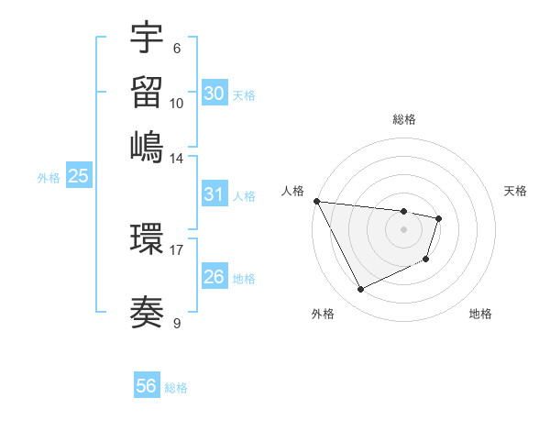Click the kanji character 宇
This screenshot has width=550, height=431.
[147, 39]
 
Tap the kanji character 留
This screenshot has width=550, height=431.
[147, 93]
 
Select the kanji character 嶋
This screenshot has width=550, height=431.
[147, 147]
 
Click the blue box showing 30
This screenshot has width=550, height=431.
[214, 94]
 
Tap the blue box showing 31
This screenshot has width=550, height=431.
[214, 194]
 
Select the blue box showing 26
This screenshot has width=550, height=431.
[214, 277]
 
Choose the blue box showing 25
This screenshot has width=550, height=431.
[78, 176]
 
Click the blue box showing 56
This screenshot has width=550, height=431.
[147, 386]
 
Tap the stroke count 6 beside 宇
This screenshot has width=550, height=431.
[176, 49]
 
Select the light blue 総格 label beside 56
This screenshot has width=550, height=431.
[176, 388]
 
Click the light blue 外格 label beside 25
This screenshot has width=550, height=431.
[49, 178]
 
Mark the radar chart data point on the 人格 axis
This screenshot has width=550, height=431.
[316, 201]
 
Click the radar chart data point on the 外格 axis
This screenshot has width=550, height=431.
[360, 290]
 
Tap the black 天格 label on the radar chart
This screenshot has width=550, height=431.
[516, 191]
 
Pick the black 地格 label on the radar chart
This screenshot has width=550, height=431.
[480, 314]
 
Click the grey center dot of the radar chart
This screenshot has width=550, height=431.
[403, 229]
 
